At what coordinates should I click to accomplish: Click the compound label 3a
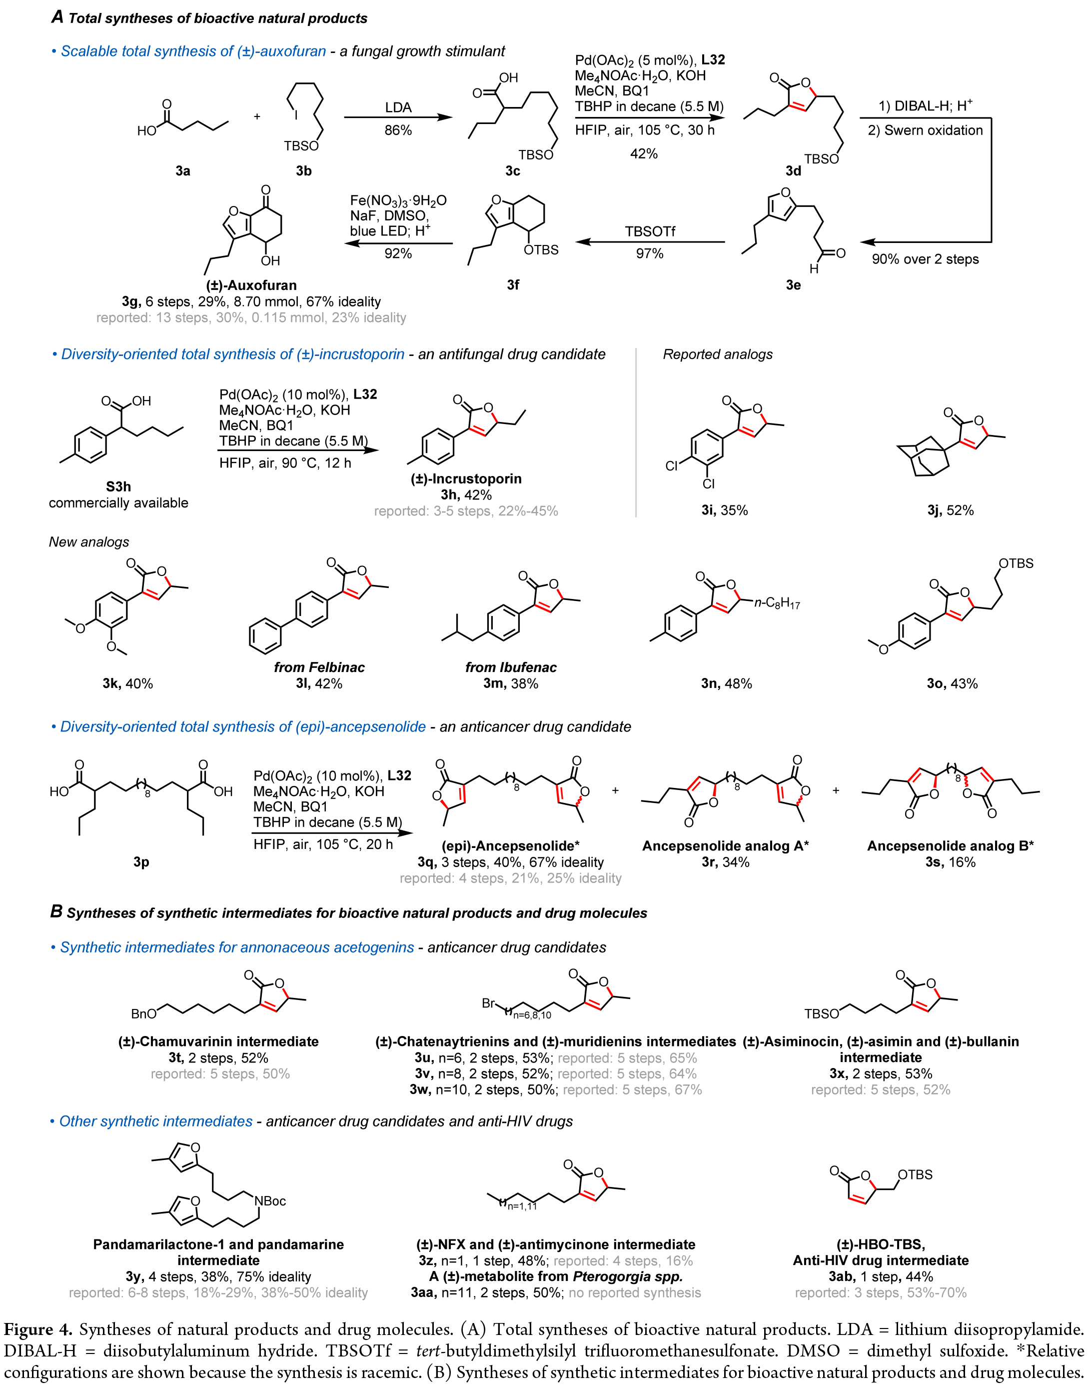(x=182, y=170)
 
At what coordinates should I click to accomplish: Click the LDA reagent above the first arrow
(x=398, y=107)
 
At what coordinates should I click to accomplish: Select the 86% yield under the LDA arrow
(x=398, y=130)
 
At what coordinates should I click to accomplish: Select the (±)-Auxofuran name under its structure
(x=251, y=285)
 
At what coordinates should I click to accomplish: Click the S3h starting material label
(x=118, y=486)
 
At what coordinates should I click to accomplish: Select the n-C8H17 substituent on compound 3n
(x=777, y=602)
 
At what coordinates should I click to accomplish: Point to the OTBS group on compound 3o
(x=1016, y=563)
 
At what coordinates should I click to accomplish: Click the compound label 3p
(x=141, y=862)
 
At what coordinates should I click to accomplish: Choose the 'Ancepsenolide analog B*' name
(x=950, y=846)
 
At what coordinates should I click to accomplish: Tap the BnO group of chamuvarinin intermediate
(x=143, y=1014)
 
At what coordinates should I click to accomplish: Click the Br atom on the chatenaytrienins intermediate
(x=488, y=1003)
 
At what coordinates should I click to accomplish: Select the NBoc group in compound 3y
(x=270, y=1201)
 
